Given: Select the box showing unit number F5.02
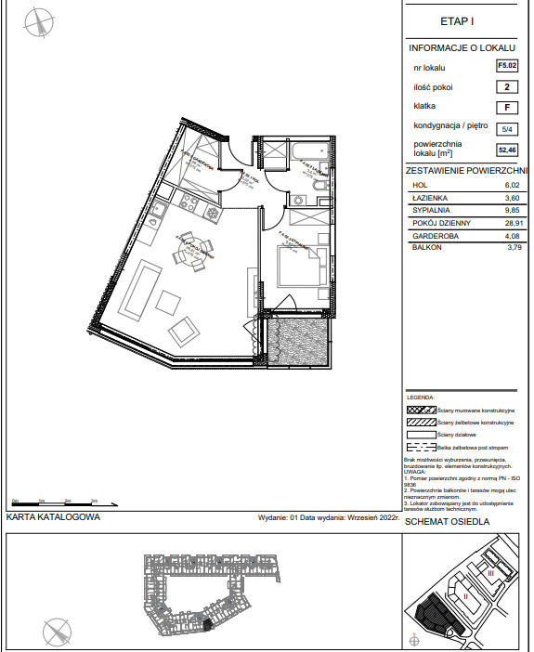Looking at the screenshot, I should point(507,67).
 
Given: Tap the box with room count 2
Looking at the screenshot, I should point(507,87).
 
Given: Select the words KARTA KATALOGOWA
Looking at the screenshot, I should point(53,519).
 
